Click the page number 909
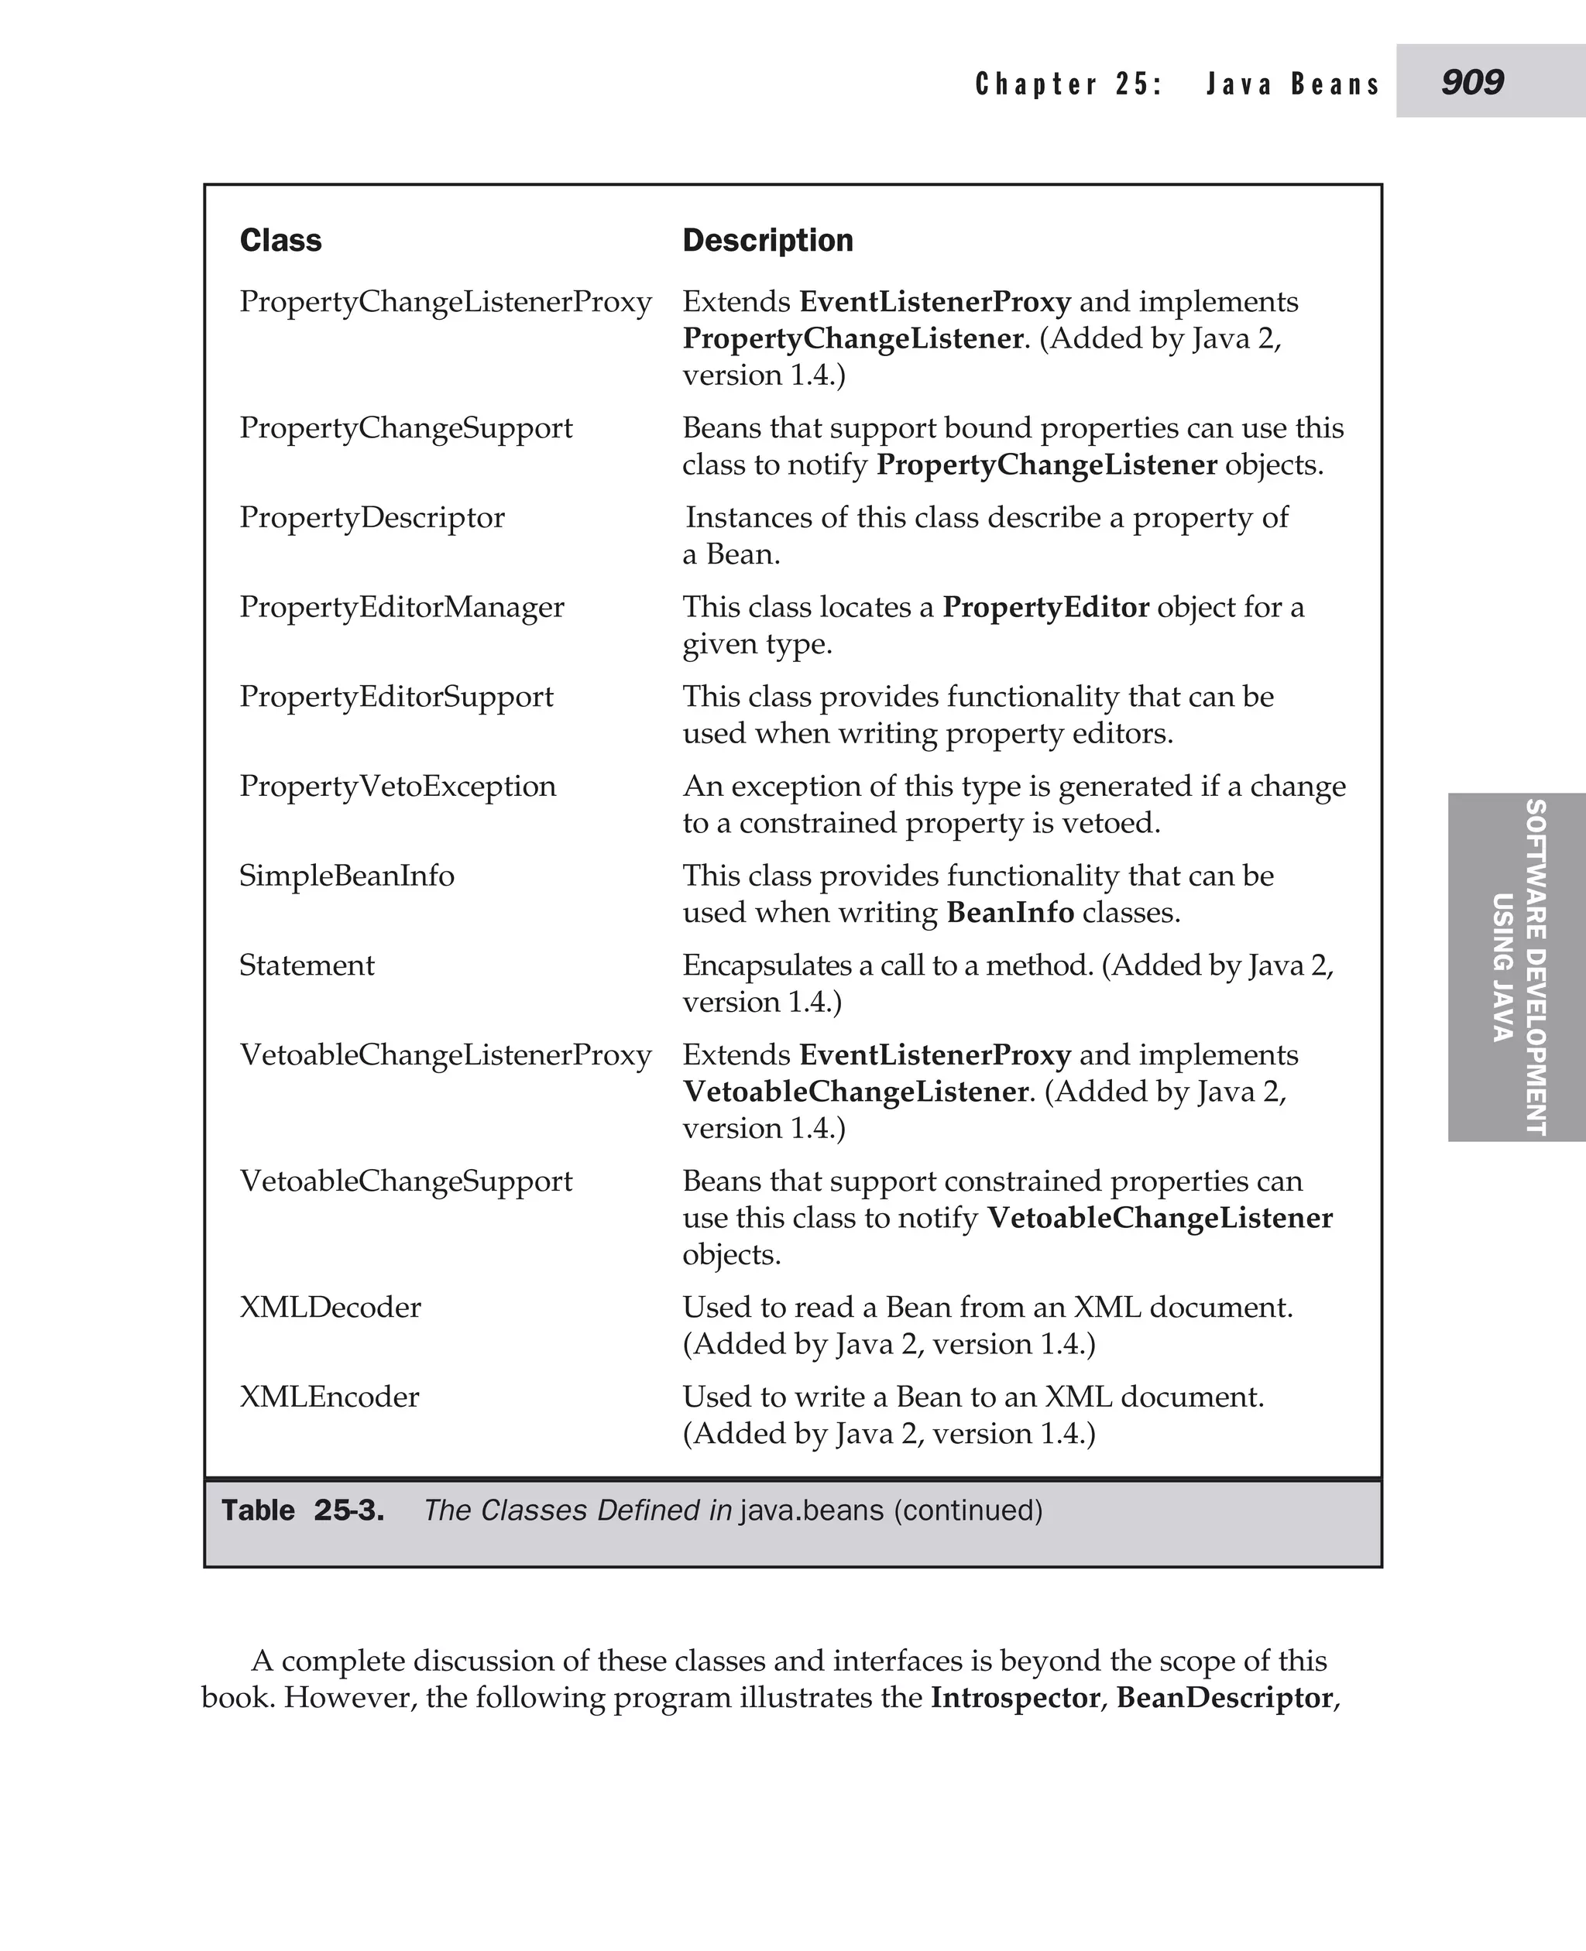pyautogui.click(x=1472, y=82)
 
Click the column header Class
pyautogui.click(x=280, y=240)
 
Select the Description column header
pyautogui.click(x=767, y=240)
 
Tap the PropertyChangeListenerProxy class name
pyautogui.click(x=445, y=301)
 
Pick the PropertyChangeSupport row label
pyautogui.click(x=406, y=427)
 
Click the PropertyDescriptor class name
pyautogui.click(x=372, y=517)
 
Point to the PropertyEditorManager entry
pyautogui.click(x=401, y=606)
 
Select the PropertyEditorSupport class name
pyautogui.click(x=396, y=696)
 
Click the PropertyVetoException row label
pyautogui.click(x=397, y=786)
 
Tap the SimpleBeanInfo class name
pyautogui.click(x=346, y=875)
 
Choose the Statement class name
pyautogui.click(x=306, y=965)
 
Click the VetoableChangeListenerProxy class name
pyautogui.click(x=445, y=1054)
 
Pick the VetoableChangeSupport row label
pyautogui.click(x=406, y=1180)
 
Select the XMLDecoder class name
pyautogui.click(x=330, y=1306)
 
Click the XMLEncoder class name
pyautogui.click(x=329, y=1396)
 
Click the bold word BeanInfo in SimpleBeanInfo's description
pyautogui.click(x=1010, y=911)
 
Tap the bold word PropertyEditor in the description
pyautogui.click(x=1045, y=606)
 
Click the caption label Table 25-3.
pyautogui.click(x=302, y=1510)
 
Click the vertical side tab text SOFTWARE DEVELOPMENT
pyautogui.click(x=1536, y=966)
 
